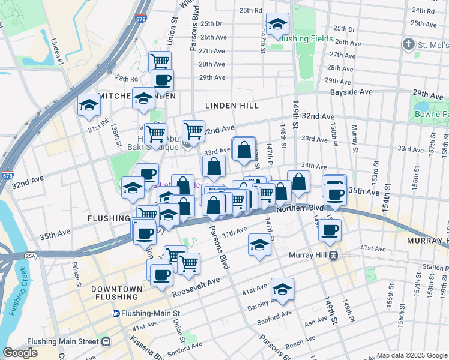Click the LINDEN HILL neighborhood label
232,106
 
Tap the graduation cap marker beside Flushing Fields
277,25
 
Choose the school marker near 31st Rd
88,106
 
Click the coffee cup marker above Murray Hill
329,230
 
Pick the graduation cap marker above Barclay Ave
282,289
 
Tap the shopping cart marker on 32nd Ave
193,130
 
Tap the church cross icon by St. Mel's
408,44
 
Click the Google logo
20,353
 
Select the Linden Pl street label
57,51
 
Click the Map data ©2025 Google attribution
412,355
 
